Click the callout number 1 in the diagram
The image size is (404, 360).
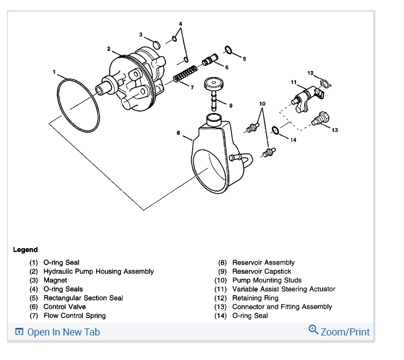[54, 71]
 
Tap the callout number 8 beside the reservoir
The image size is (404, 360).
[179, 133]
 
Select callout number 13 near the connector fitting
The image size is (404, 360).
[334, 130]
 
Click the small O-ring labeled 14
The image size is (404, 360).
[276, 130]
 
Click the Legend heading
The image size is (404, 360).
[25, 250]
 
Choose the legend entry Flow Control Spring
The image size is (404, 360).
[74, 316]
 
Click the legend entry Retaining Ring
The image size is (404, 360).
[255, 298]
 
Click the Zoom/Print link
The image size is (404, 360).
[344, 332]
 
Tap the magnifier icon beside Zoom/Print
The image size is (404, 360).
[313, 329]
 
